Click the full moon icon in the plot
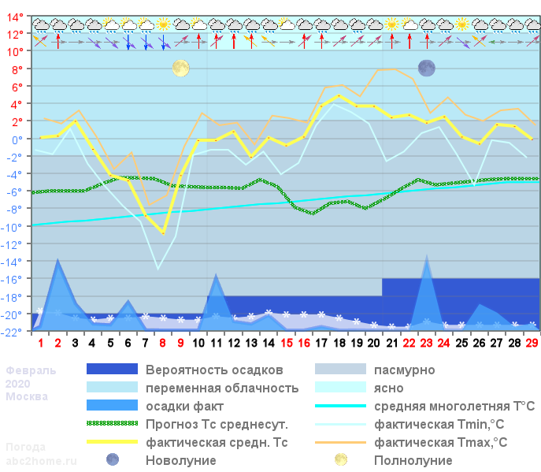click(x=181, y=69)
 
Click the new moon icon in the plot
click(x=426, y=69)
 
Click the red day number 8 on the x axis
click(x=163, y=344)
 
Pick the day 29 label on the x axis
click(x=532, y=344)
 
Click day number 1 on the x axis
click(x=41, y=344)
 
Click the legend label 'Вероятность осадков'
click(x=214, y=370)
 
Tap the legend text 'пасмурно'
click(x=404, y=370)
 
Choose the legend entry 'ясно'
click(x=389, y=388)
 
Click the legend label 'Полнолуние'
click(x=413, y=460)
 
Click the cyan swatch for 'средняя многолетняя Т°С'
click(x=340, y=406)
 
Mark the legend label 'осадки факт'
click(x=183, y=406)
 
